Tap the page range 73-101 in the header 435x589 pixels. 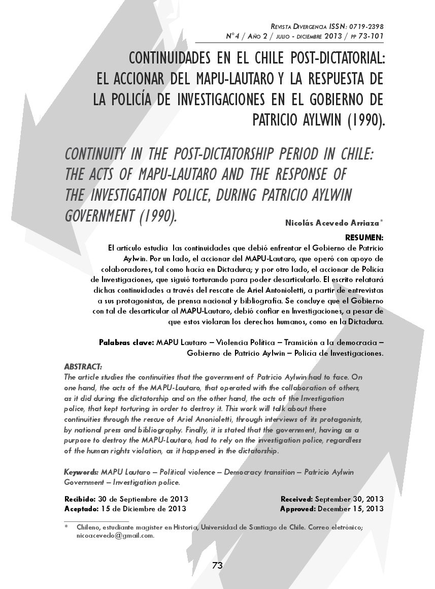pyautogui.click(x=369, y=36)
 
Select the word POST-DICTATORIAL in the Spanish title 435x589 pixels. pyautogui.click(x=334, y=59)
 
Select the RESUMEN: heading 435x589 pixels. pyautogui.click(x=364, y=237)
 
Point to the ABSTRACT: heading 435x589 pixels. pyautogui.click(x=83, y=366)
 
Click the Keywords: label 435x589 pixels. pyautogui.click(x=81, y=472)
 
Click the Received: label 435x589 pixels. pyautogui.click(x=297, y=499)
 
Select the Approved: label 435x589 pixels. pyautogui.click(x=297, y=508)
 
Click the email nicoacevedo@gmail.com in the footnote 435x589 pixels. pyautogui.click(x=115, y=535)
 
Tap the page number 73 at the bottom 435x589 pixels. pyautogui.click(x=217, y=566)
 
